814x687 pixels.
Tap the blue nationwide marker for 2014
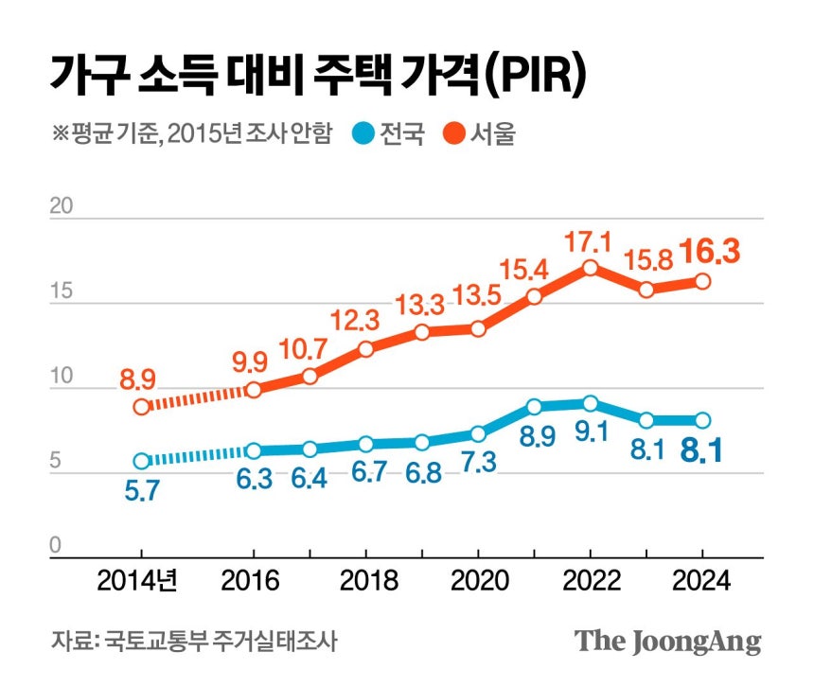click(x=141, y=461)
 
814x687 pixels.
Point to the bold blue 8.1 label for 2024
click(x=701, y=450)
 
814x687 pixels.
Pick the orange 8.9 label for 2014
click(x=139, y=380)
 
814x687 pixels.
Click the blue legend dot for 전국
click(x=363, y=133)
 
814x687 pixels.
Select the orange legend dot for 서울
click(x=453, y=133)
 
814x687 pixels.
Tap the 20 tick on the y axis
click(x=62, y=207)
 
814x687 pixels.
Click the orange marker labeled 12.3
click(x=366, y=348)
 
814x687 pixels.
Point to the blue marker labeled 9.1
click(x=591, y=403)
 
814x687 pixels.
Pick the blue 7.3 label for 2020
click(x=477, y=464)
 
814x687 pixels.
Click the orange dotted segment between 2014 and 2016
click(x=197, y=397)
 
